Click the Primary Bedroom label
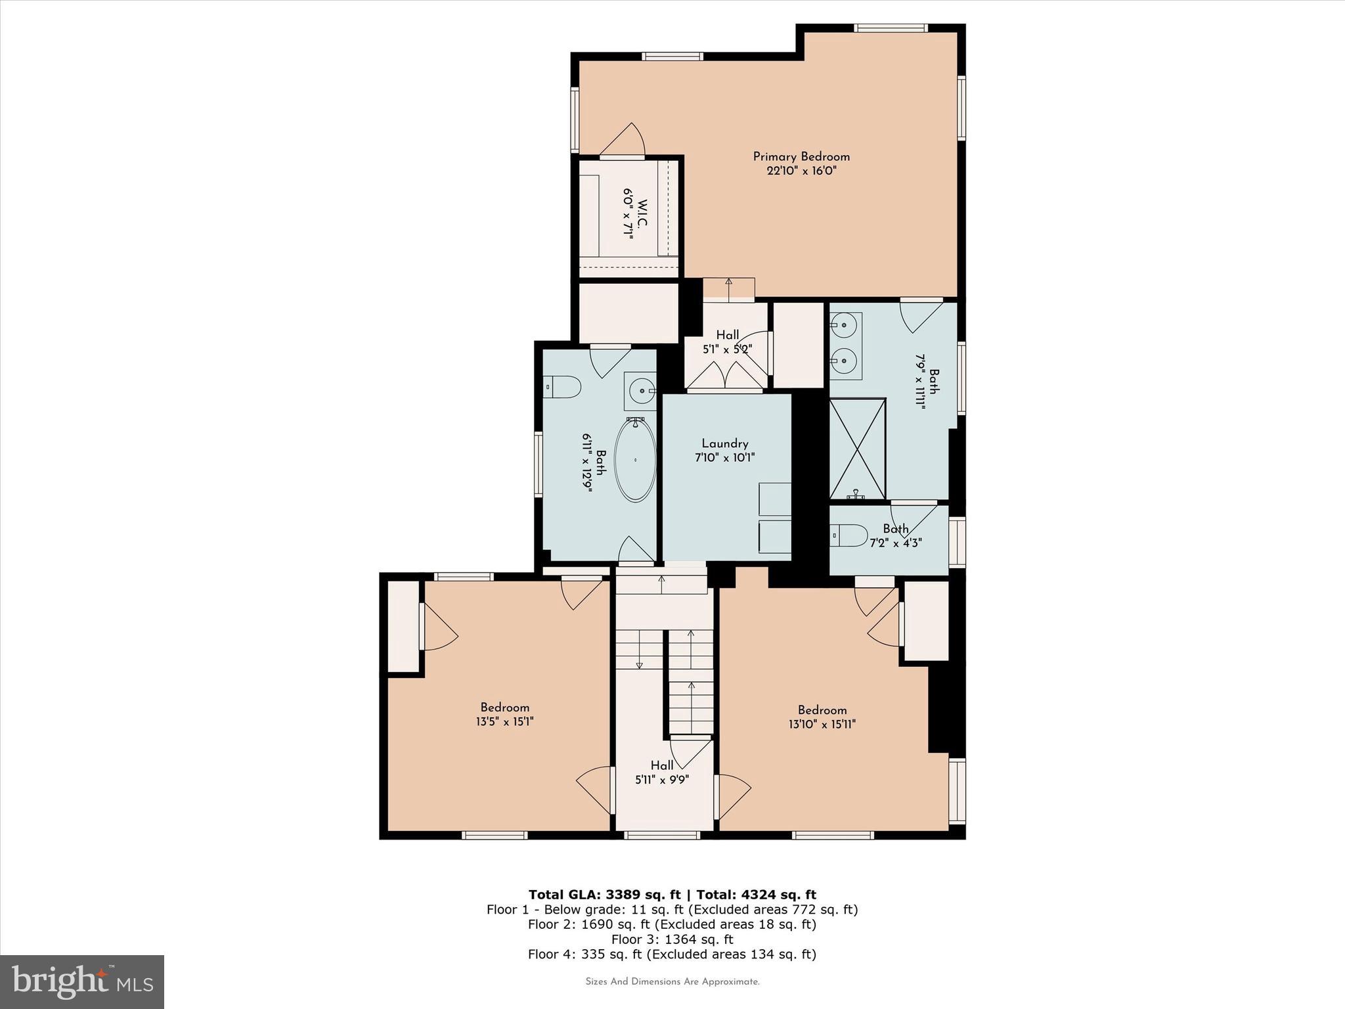coord(801,156)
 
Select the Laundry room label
coord(724,443)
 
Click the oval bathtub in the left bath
coord(634,460)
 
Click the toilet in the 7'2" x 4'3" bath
coord(849,535)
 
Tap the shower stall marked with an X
coord(857,449)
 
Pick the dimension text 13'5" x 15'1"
coord(504,721)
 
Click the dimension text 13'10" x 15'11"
coord(822,724)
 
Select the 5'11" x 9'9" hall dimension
coord(662,780)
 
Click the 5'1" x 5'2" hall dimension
coord(727,349)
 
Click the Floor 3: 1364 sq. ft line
coord(672,939)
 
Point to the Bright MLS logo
coord(82,982)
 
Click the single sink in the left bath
coord(640,391)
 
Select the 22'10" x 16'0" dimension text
coord(801,171)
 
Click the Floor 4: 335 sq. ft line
coord(672,954)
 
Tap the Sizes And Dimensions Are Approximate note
coord(672,982)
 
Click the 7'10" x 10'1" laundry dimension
coord(724,458)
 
